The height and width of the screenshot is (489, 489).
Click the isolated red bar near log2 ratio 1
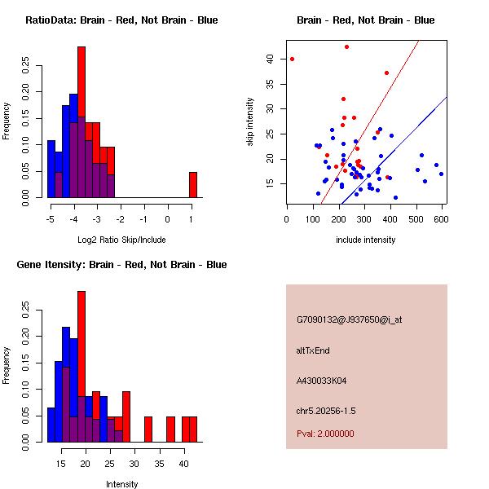tap(193, 185)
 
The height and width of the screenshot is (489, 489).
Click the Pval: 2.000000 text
tap(325, 434)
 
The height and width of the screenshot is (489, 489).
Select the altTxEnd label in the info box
tap(313, 350)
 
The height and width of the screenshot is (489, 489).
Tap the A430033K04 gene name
tap(321, 381)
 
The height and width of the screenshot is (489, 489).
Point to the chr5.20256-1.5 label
tap(326, 411)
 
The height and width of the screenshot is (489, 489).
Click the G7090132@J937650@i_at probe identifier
tap(349, 320)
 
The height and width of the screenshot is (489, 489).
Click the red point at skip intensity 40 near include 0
tap(292, 59)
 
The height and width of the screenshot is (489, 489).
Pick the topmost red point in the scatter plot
tap(346, 46)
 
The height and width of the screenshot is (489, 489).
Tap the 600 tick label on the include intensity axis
tap(441, 219)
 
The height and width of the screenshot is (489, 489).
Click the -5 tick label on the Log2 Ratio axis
tap(51, 219)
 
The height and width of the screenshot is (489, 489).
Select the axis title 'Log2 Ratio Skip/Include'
tap(121, 240)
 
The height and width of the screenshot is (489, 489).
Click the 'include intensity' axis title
tap(365, 240)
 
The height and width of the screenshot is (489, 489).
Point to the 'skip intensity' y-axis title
tap(250, 121)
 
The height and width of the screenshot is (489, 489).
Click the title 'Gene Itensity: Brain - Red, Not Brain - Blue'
tap(121, 264)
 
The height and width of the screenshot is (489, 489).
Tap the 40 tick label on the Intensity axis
tap(183, 464)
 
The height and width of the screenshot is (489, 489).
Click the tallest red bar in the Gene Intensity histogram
tap(81, 343)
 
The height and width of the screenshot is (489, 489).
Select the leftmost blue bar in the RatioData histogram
tap(51, 169)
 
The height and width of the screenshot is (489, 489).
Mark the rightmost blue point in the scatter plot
tap(441, 174)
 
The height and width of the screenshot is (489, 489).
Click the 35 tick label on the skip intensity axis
tap(270, 84)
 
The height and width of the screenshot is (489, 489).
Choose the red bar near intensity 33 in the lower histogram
tap(148, 430)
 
